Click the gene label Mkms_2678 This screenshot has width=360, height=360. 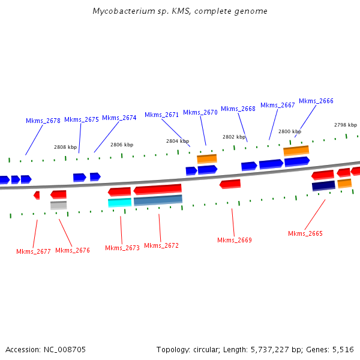43,121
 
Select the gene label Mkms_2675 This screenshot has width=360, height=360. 81,119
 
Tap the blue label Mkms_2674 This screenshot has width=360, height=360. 119,118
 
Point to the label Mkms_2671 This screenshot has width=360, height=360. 161,115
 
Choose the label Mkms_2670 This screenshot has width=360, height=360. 200,112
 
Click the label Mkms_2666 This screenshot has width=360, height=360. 316,101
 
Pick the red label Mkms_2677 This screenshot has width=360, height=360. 33,251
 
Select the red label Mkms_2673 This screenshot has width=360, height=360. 122,248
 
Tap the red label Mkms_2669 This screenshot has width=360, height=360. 234,240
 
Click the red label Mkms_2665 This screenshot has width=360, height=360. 305,233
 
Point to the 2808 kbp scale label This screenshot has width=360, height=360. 65,147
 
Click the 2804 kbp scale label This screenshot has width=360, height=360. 178,141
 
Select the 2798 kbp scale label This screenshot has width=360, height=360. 345,125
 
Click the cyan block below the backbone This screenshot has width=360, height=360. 119,203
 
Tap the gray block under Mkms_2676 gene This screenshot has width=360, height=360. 58,205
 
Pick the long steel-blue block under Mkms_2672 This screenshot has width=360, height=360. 158,200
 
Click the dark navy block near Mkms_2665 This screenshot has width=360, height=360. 323,186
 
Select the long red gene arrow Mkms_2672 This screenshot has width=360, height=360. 157,190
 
